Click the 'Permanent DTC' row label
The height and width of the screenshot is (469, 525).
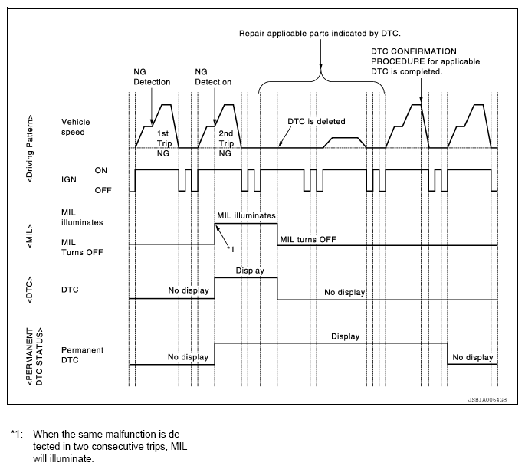coord(81,354)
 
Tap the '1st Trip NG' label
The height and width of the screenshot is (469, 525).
coord(163,143)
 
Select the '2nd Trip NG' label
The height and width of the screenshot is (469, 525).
coord(225,143)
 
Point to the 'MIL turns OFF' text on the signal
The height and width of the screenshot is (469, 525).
coord(308,239)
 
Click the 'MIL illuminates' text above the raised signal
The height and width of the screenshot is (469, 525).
coord(246,217)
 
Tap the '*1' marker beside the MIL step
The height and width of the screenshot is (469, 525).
coord(230,250)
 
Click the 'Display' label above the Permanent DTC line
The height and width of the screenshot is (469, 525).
coord(345,336)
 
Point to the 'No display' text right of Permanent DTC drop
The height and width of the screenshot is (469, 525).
coord(473,357)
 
